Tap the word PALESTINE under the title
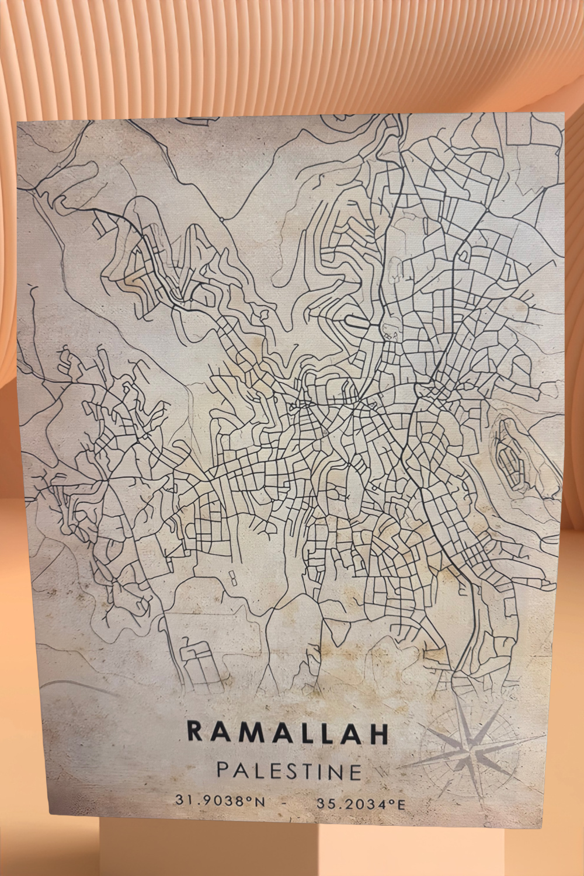(x=290, y=771)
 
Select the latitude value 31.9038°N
(x=220, y=801)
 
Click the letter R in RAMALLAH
(x=195, y=731)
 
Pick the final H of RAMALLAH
(x=379, y=735)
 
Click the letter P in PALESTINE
(x=223, y=770)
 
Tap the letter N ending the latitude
(x=259, y=801)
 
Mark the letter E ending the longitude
(x=400, y=805)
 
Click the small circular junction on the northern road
(x=222, y=219)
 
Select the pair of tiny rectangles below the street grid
(x=232, y=578)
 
